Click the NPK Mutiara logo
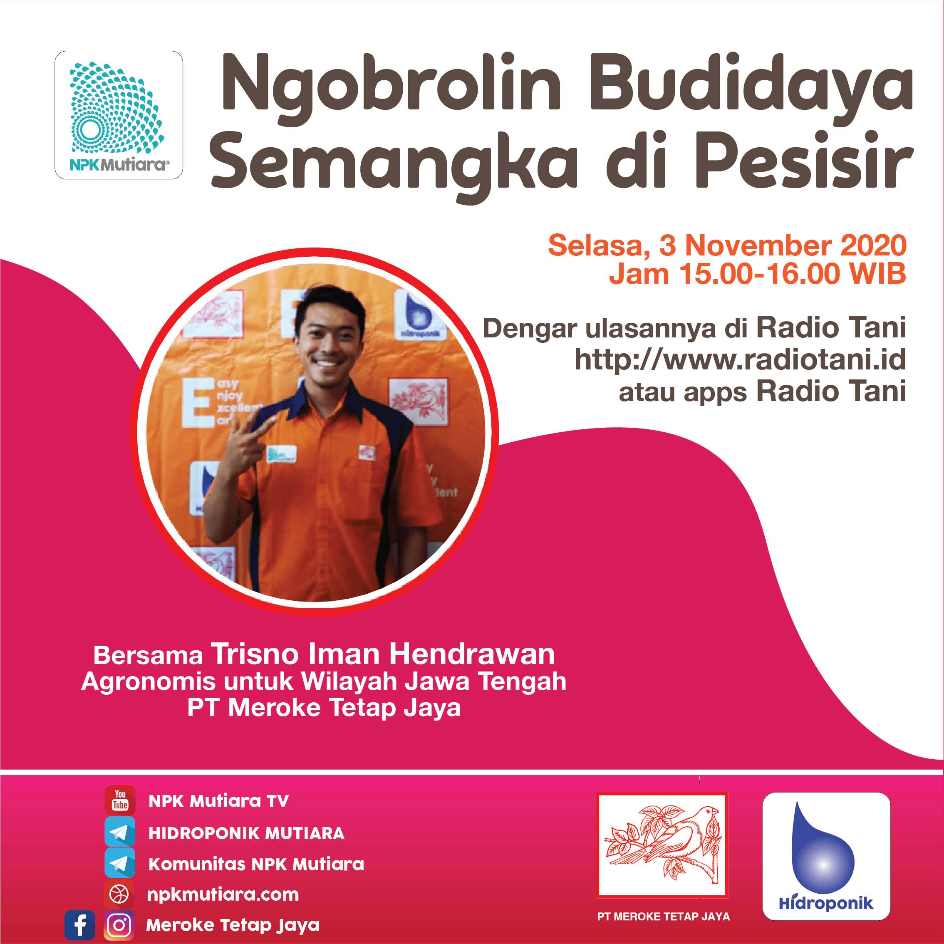pyautogui.click(x=119, y=115)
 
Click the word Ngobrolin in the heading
pyautogui.click(x=391, y=88)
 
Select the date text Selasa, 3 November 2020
pyautogui.click(x=727, y=245)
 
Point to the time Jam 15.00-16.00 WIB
pyautogui.click(x=757, y=274)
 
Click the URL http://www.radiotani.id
pyautogui.click(x=740, y=359)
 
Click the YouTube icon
pyautogui.click(x=120, y=800)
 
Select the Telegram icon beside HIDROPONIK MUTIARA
pyautogui.click(x=120, y=832)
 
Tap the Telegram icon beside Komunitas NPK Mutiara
pyautogui.click(x=120, y=863)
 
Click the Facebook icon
pyautogui.click(x=79, y=925)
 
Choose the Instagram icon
pyautogui.click(x=119, y=925)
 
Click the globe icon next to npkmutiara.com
pyautogui.click(x=119, y=894)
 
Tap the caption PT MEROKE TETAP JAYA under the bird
pyautogui.click(x=664, y=917)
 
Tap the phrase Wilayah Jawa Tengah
pyautogui.click(x=434, y=681)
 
